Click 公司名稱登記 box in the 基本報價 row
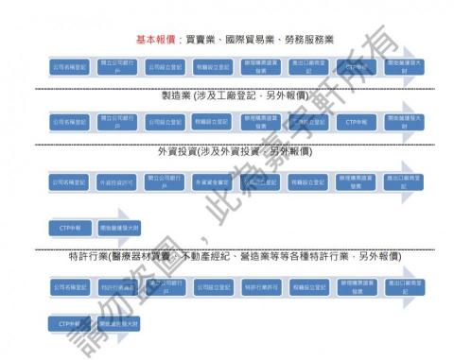pyautogui.click(x=71, y=67)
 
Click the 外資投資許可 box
pyautogui.click(x=118, y=182)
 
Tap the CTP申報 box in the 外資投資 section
pyautogui.click(x=71, y=228)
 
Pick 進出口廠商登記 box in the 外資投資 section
pyautogui.click(x=405, y=182)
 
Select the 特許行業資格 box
pyautogui.click(x=118, y=284)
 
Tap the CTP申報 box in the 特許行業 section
pyautogui.click(x=71, y=324)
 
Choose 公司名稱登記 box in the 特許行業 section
pyautogui.click(x=71, y=284)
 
